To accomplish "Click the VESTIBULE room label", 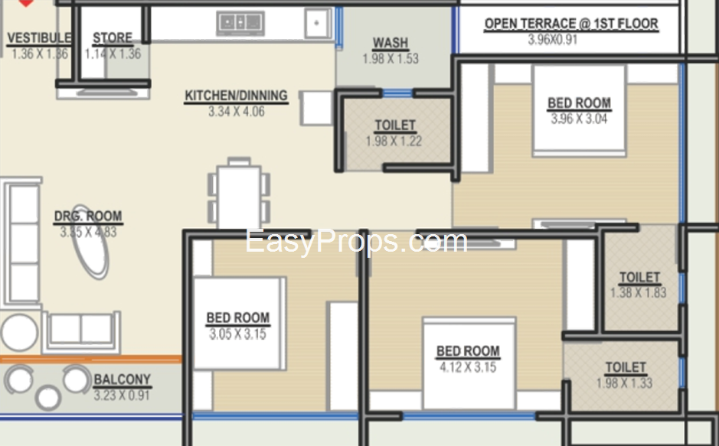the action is click(40, 38).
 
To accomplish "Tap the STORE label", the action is click(113, 38).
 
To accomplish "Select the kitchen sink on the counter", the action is click(240, 22).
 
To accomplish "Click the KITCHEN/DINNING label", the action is click(236, 96).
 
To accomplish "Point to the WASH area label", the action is click(391, 43).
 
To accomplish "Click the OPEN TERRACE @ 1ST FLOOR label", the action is click(571, 24).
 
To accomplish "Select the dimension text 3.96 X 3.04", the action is click(579, 119).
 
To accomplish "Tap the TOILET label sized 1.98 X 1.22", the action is click(395, 125).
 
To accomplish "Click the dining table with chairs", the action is click(239, 193).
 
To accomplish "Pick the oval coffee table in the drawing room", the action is click(90, 242).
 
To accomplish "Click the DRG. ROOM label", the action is click(88, 216).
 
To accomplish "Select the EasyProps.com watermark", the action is click(356, 241).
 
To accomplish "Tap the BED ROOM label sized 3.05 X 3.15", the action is click(238, 317).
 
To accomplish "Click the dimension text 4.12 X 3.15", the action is click(468, 367).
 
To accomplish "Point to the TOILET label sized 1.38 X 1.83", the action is click(639, 278).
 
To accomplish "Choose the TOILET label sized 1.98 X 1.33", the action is click(626, 368).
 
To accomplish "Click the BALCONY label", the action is click(122, 379).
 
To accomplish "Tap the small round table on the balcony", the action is click(48, 398).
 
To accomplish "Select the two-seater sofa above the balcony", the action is click(81, 331).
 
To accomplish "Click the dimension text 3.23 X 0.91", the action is click(122, 396).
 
